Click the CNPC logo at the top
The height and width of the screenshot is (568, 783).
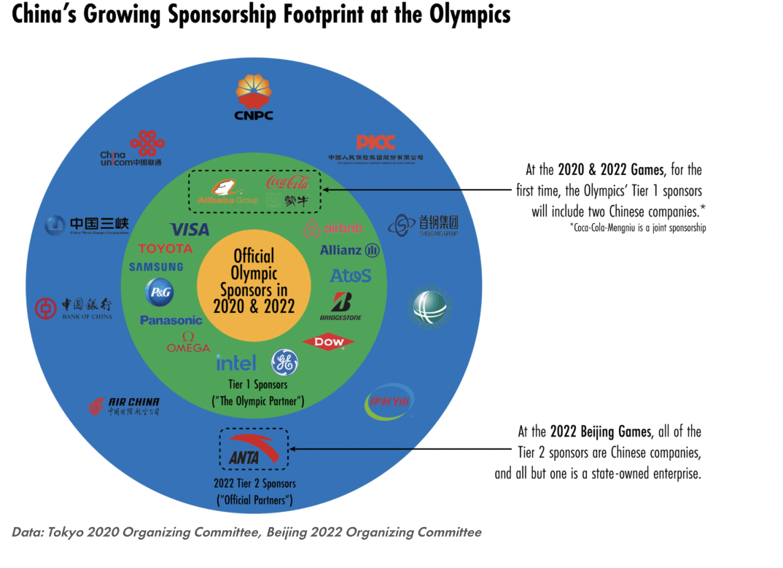click(254, 98)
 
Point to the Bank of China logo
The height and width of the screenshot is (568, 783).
click(77, 308)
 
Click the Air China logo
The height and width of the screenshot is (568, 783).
click(125, 406)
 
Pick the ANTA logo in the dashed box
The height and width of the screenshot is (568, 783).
click(253, 449)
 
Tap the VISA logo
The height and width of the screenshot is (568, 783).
click(190, 229)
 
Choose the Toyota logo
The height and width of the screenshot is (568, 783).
click(165, 249)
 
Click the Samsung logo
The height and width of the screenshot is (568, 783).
click(156, 267)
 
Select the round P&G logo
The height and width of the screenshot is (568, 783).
click(159, 292)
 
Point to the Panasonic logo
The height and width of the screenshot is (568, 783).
click(171, 320)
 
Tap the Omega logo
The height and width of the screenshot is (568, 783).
click(188, 343)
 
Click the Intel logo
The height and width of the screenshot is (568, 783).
click(236, 362)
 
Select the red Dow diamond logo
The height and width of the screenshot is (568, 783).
click(328, 341)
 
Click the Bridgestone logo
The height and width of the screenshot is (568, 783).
click(340, 306)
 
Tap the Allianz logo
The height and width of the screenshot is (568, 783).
click(350, 250)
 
